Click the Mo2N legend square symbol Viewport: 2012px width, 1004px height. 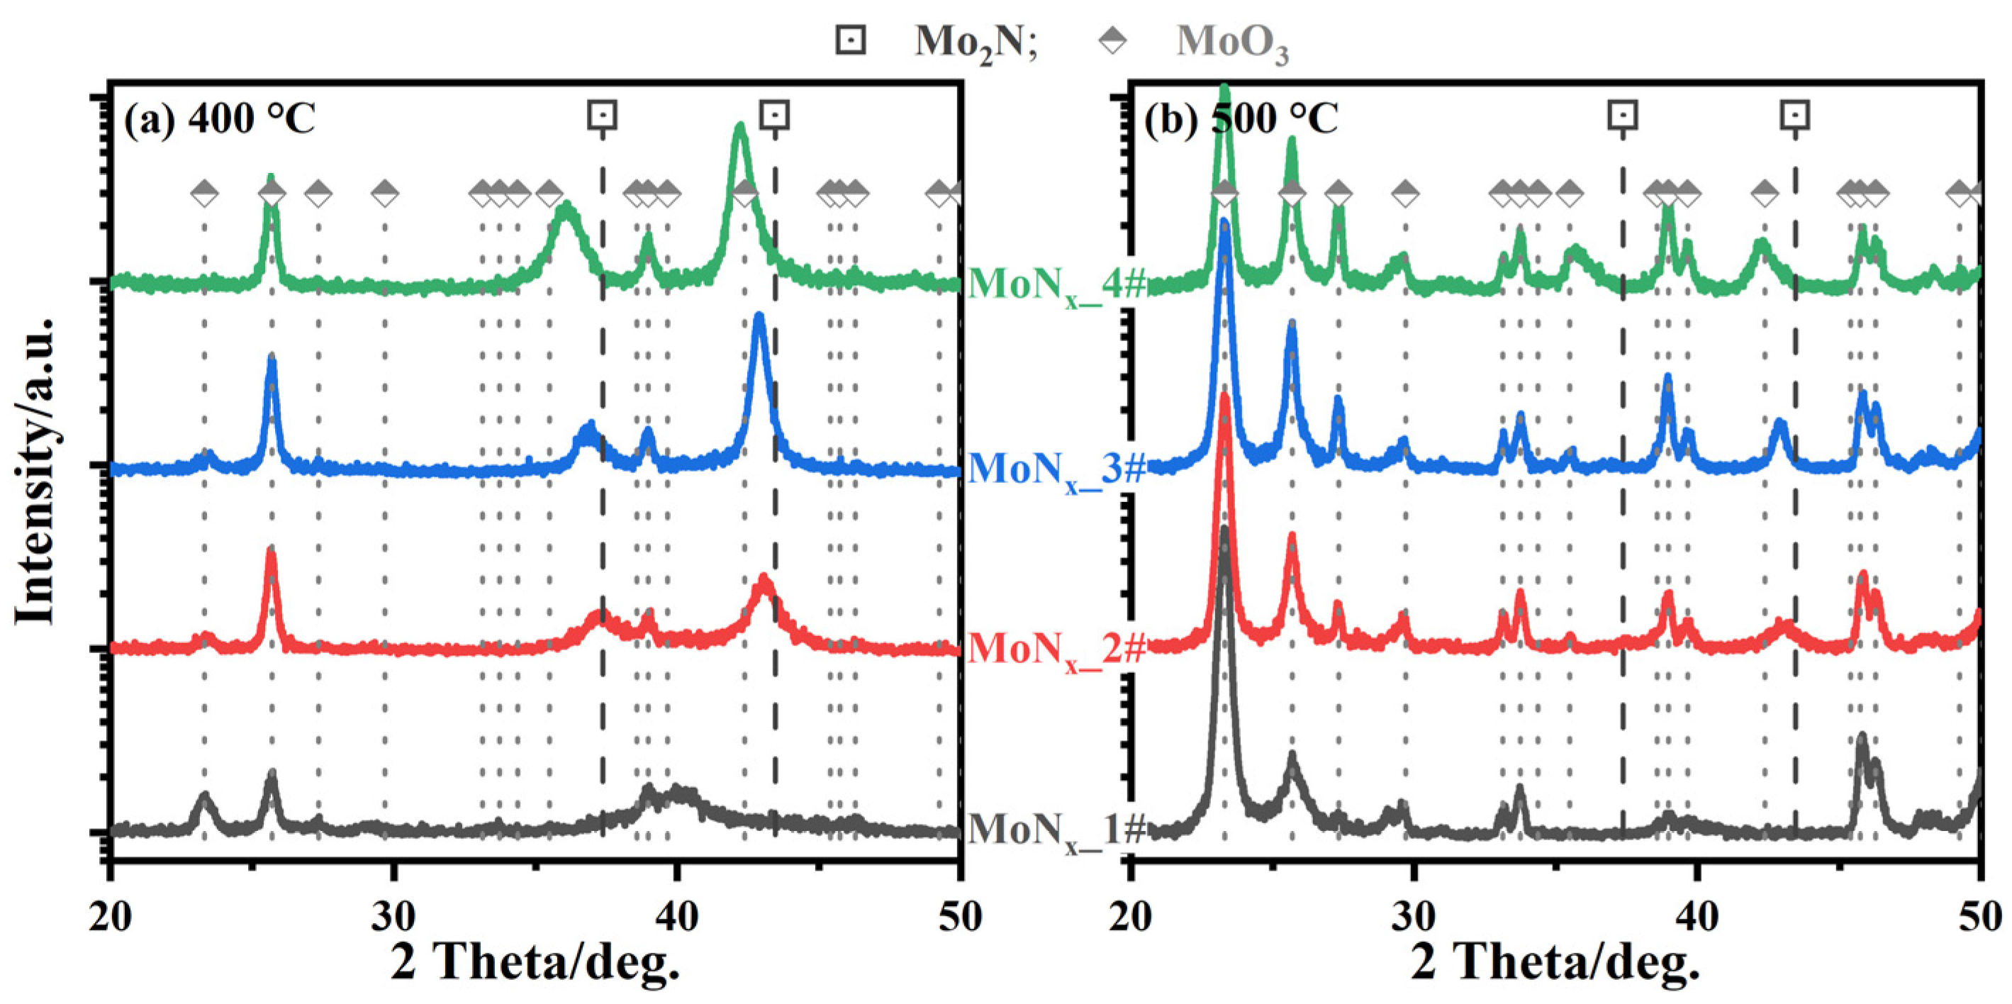tap(850, 39)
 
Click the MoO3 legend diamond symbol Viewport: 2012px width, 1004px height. tap(1112, 39)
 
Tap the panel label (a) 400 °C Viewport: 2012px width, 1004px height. tap(220, 118)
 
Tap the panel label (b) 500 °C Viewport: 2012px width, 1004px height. tap(1242, 118)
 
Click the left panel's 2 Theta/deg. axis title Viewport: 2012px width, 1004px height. tap(535, 961)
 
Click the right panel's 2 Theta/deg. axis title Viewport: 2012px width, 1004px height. tap(1555, 961)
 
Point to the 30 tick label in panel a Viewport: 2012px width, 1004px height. tap(393, 915)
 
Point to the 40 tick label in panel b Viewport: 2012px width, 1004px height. tap(1696, 915)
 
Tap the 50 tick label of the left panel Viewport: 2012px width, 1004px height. tap(960, 915)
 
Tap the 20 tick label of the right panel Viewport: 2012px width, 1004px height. tap(1130, 915)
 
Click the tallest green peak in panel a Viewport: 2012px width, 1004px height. tap(739, 127)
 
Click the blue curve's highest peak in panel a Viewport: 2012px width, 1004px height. tap(759, 316)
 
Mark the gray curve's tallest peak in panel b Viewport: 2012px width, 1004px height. tap(1224, 531)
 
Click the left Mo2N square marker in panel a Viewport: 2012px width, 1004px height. tap(602, 115)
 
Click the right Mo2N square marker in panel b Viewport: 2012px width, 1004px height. tap(1795, 116)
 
